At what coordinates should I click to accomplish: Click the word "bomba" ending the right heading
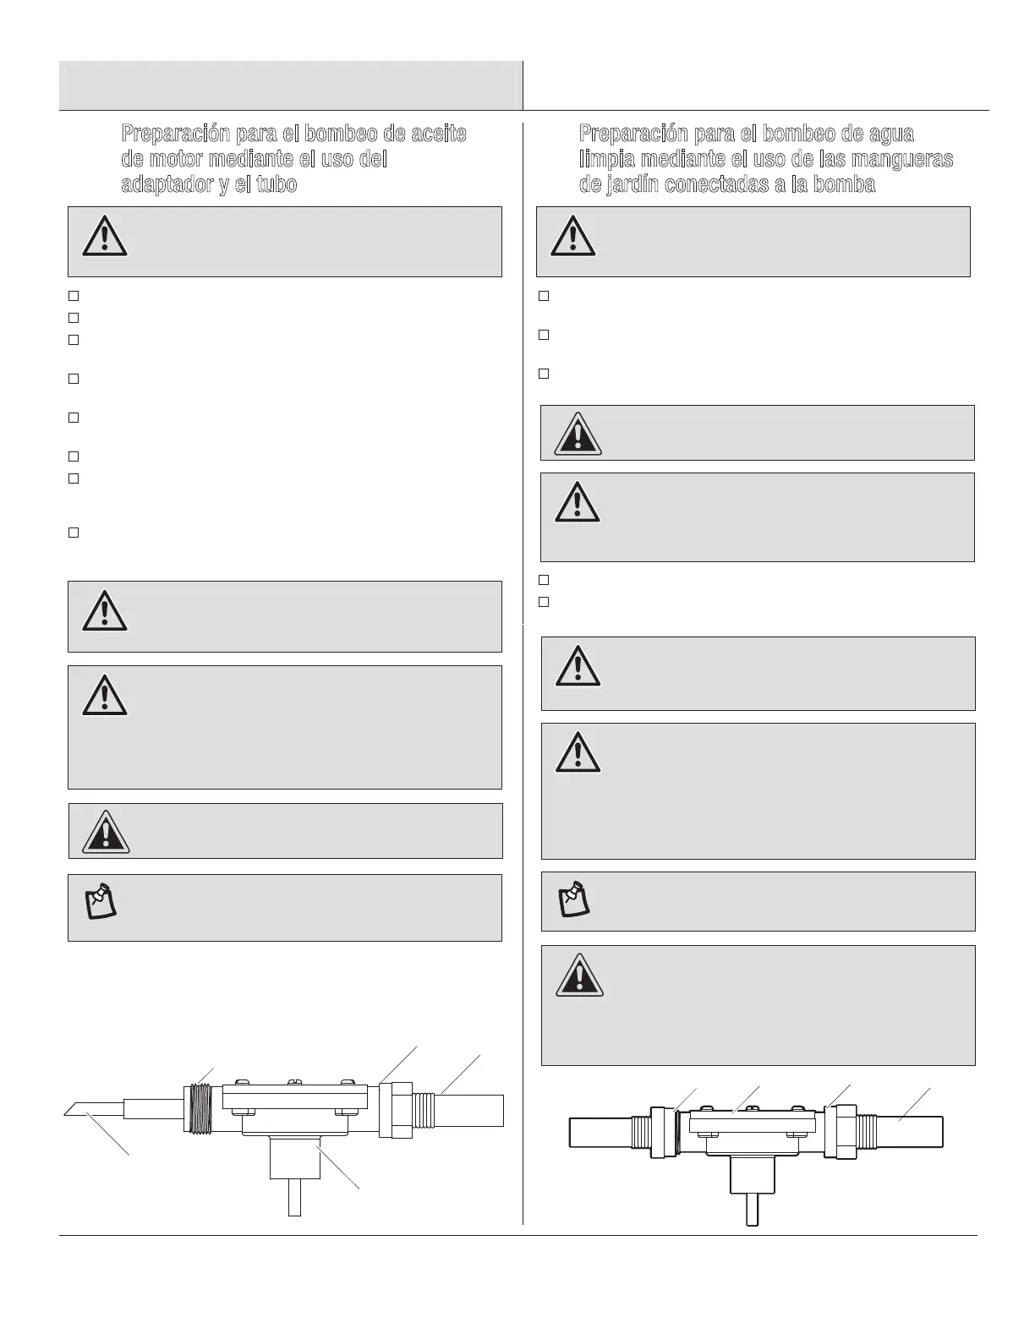843,185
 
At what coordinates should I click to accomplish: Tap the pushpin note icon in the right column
574,899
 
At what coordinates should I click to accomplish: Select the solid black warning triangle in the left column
105,832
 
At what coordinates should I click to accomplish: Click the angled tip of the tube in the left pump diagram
75,1108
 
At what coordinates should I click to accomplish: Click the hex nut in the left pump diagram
395,1110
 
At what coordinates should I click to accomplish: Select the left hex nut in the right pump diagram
661,1131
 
